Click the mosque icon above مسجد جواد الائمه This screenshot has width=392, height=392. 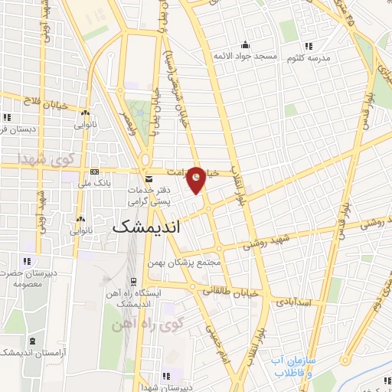click(244, 45)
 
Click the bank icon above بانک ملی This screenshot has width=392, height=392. click(94, 172)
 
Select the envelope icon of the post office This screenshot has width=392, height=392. click(149, 178)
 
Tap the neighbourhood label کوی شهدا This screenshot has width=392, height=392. click(44, 158)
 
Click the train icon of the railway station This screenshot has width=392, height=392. click(133, 281)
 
